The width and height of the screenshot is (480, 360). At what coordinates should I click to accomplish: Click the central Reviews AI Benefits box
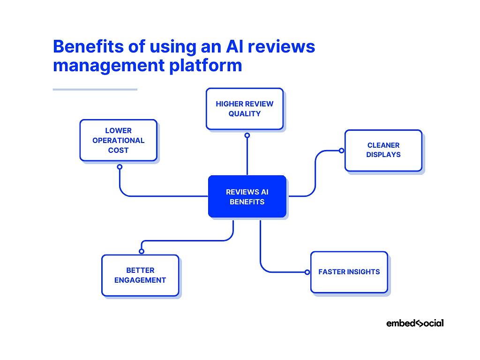tap(247, 196)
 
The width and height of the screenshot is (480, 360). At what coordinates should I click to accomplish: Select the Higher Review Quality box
tap(244, 109)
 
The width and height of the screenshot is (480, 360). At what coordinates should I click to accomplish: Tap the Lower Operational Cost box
tap(118, 140)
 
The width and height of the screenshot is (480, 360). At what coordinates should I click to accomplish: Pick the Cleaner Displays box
tap(383, 150)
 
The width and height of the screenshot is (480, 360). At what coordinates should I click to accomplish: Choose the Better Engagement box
tap(140, 275)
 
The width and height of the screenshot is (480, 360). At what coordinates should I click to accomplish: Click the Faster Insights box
tap(349, 272)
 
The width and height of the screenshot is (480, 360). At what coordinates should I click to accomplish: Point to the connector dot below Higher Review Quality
tap(247, 135)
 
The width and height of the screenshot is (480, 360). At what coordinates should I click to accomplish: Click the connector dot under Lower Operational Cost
tap(120, 166)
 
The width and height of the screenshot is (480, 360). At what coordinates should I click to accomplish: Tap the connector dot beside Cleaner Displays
tap(341, 150)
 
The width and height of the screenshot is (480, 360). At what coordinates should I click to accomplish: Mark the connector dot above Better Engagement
tap(142, 251)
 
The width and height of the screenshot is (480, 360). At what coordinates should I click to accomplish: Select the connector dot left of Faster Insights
tap(307, 272)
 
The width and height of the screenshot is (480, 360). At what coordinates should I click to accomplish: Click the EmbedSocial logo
tap(414, 323)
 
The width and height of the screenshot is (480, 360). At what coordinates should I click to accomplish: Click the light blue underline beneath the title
tap(95, 89)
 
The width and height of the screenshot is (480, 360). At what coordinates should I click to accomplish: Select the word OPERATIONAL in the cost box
tap(118, 141)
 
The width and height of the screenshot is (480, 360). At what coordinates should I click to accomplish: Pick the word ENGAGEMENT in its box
tap(140, 280)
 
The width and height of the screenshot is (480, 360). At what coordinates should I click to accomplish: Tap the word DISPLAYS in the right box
tap(383, 155)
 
